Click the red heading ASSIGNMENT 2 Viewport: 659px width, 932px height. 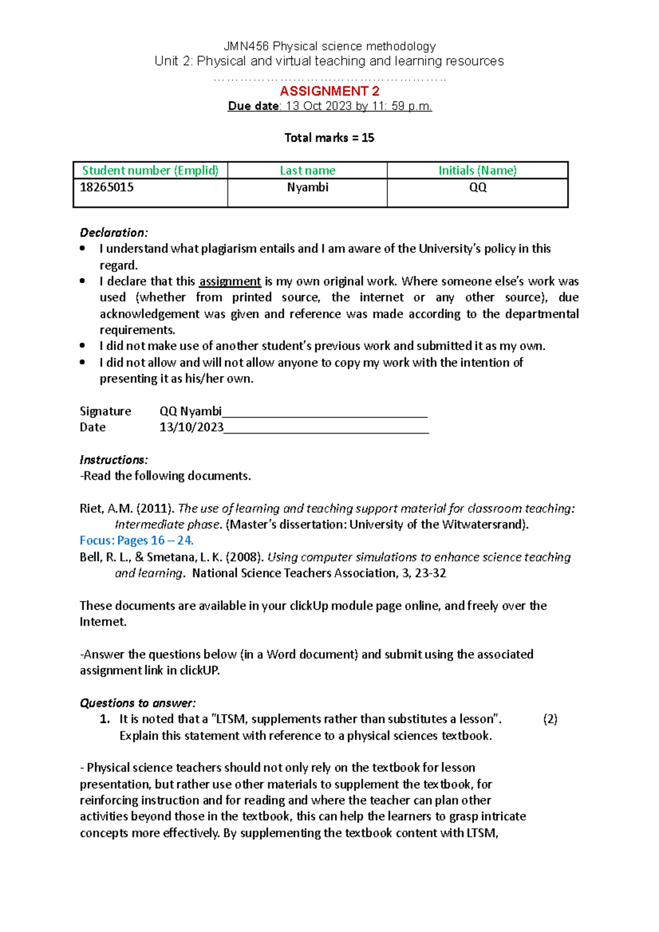click(x=329, y=91)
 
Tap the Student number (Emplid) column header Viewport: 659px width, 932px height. click(x=150, y=171)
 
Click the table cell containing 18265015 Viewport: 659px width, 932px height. click(x=107, y=188)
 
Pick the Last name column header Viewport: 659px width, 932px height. click(x=307, y=171)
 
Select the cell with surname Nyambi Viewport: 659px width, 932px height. click(x=308, y=188)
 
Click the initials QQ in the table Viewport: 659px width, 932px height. click(x=477, y=188)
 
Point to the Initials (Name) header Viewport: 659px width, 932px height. click(x=477, y=171)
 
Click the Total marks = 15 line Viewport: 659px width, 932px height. click(x=329, y=138)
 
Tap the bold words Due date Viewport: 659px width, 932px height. click(x=254, y=106)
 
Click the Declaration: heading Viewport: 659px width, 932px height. click(x=114, y=233)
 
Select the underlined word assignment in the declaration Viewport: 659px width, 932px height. click(x=230, y=282)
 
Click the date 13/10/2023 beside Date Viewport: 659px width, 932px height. click(x=191, y=428)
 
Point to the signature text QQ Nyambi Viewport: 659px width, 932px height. click(x=190, y=412)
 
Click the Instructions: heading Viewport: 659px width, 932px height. click(x=114, y=460)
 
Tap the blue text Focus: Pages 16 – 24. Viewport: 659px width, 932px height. click(x=136, y=541)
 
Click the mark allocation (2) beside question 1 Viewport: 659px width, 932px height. click(x=550, y=720)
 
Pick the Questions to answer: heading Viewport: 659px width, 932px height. click(x=138, y=703)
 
